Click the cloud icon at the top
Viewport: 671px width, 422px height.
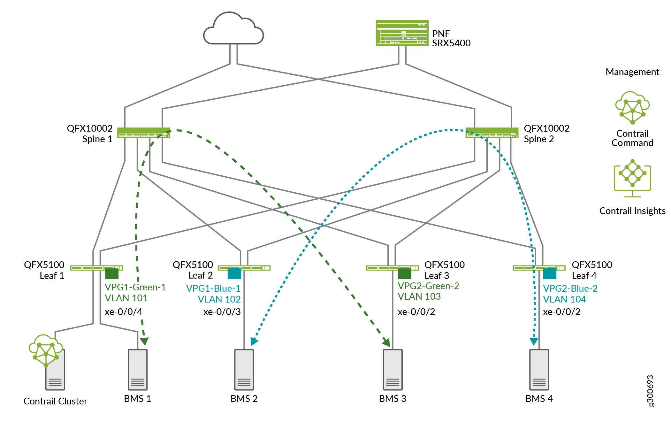click(x=233, y=29)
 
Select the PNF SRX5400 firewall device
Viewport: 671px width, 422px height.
click(x=402, y=33)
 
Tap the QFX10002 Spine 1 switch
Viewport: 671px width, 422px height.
click(x=143, y=133)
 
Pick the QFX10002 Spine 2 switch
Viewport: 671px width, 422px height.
click(x=492, y=133)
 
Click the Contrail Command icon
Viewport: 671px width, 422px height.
click(x=632, y=108)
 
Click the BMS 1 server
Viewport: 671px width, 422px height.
click(x=138, y=370)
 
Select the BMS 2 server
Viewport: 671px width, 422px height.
click(x=244, y=370)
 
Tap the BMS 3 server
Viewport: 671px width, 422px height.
click(x=393, y=370)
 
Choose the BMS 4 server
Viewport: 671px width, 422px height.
click(x=539, y=370)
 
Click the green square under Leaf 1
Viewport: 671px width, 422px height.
click(x=112, y=274)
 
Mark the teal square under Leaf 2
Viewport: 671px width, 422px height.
click(x=234, y=274)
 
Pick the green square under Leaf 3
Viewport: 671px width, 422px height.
click(x=404, y=274)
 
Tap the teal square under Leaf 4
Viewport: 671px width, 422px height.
click(x=550, y=274)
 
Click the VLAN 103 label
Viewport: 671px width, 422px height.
click(x=419, y=296)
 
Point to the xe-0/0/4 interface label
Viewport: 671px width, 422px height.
click(x=123, y=311)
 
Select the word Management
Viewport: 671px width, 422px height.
click(x=632, y=72)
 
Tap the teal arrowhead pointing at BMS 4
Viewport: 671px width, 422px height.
click(x=534, y=341)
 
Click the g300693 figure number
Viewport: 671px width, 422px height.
click(x=650, y=391)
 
